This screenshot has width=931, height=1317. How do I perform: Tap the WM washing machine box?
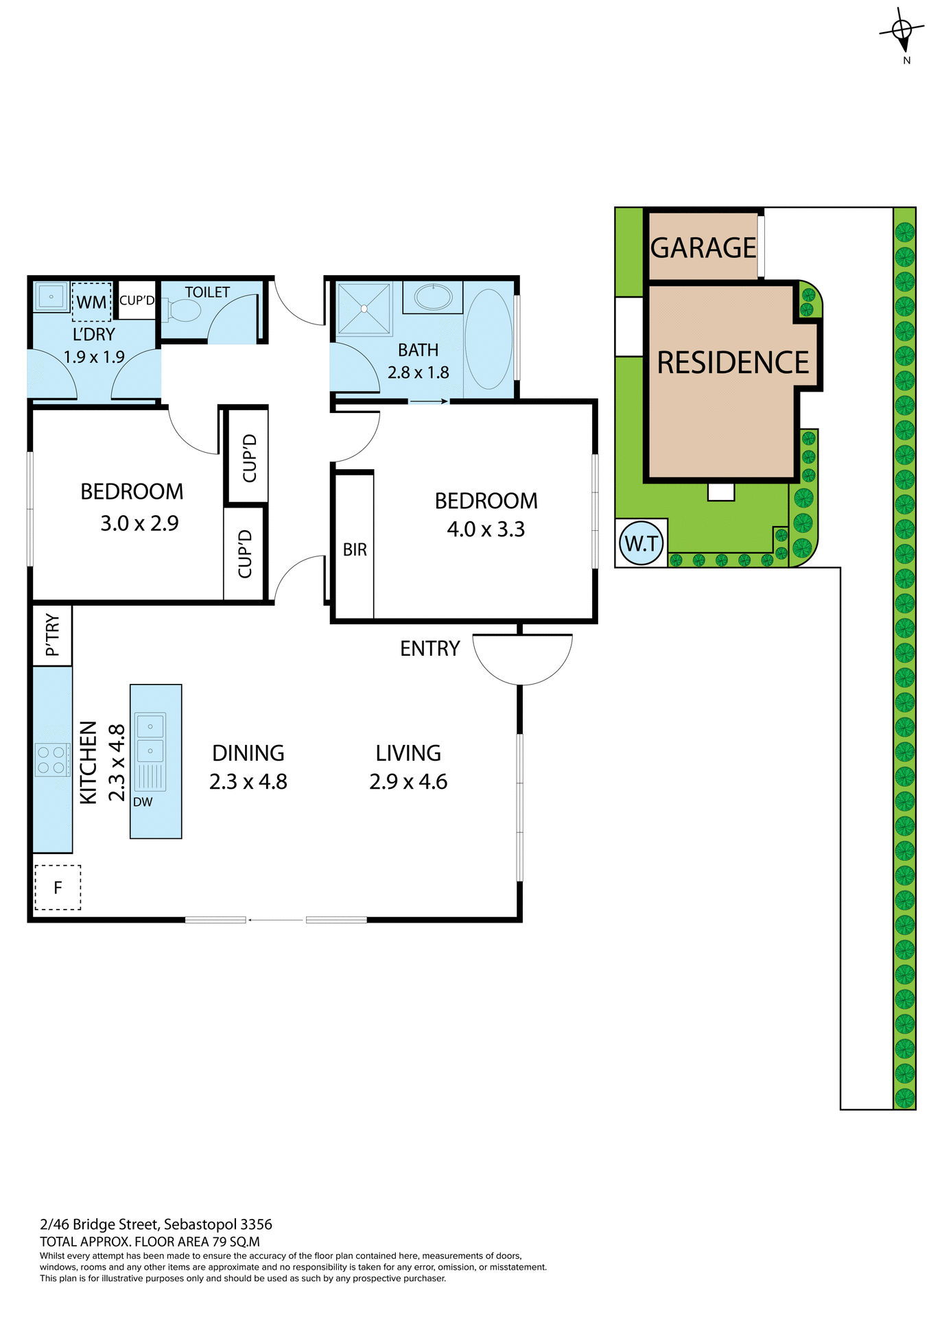[x=91, y=302]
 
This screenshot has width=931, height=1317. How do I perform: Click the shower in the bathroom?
[x=364, y=309]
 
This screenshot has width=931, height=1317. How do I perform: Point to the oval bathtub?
[x=488, y=339]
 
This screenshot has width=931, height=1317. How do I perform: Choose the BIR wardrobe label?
[x=355, y=549]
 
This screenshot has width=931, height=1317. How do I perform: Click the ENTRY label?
[x=429, y=648]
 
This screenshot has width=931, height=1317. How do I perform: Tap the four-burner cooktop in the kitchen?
[x=52, y=759]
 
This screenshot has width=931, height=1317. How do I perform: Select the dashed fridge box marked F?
[x=58, y=888]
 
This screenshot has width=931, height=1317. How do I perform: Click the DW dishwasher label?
[x=143, y=802]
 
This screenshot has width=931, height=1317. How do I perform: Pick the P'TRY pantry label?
[x=52, y=635]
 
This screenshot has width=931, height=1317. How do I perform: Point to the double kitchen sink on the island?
[x=150, y=738]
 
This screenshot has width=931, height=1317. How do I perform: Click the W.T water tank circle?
[x=641, y=544]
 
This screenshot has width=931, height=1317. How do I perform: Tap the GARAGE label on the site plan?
[x=703, y=248]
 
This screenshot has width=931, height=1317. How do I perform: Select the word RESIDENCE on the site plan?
[x=733, y=362]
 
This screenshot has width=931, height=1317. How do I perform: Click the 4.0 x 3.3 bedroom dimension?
[x=486, y=530]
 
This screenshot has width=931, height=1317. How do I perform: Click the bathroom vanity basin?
[x=433, y=298]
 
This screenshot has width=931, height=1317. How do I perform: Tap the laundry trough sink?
[x=51, y=297]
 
